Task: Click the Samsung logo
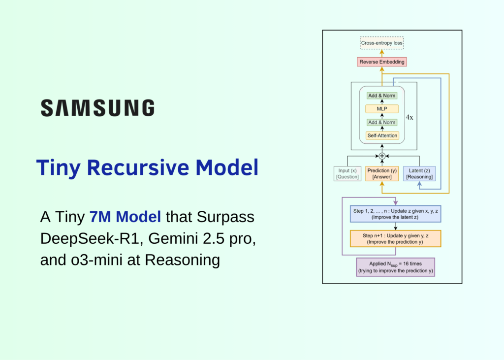tap(97, 108)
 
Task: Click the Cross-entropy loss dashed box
tap(381, 43)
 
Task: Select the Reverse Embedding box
tap(382, 62)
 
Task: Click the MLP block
tap(382, 109)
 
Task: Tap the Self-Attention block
tap(382, 135)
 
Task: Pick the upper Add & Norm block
tap(382, 96)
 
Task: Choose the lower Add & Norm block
tap(382, 122)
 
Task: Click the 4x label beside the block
tap(409, 118)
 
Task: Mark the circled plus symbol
tap(382, 156)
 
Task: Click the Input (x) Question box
tap(347, 174)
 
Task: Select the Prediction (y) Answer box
tap(382, 174)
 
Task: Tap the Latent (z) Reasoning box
tap(419, 174)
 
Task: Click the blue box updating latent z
tap(395, 214)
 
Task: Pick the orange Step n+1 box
tap(395, 238)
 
